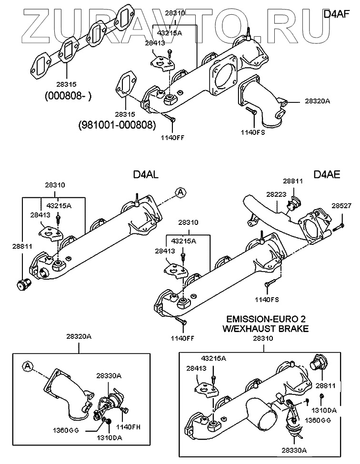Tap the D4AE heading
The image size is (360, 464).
click(327, 175)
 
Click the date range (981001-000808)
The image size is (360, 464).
click(117, 125)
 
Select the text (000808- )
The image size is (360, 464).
click(68, 96)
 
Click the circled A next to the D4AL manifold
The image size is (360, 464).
click(180, 192)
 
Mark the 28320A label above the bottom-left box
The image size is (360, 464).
click(79, 337)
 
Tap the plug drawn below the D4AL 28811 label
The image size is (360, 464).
click(22, 284)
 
